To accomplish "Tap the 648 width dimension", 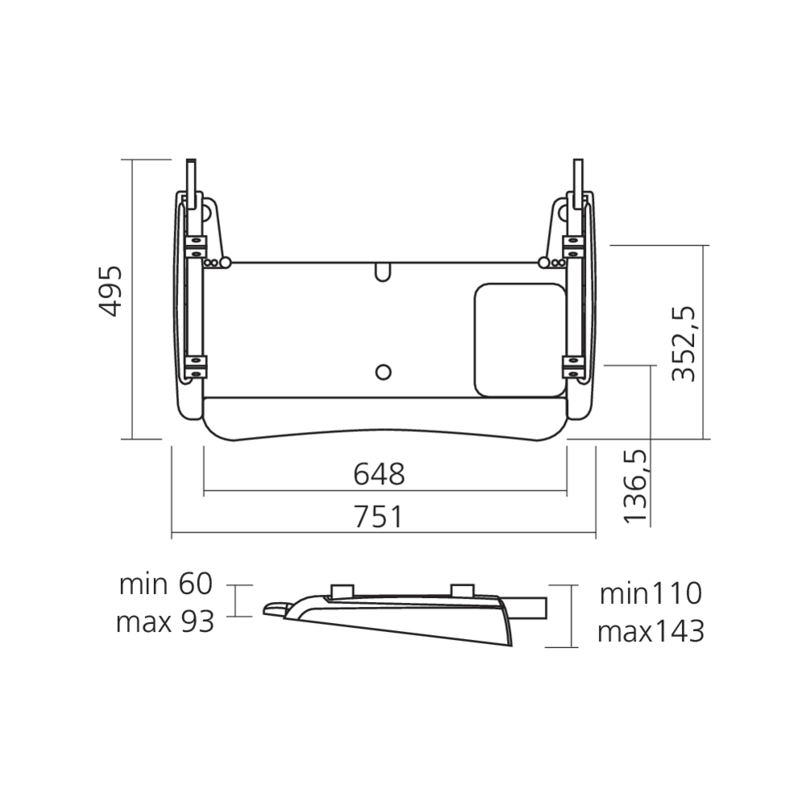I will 379,475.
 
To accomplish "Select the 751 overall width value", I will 379,517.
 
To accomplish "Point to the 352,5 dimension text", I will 684,343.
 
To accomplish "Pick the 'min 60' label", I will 165,584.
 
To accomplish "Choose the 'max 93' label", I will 165,621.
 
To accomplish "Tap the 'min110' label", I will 650,594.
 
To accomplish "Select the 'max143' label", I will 650,632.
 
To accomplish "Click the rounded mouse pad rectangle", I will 520,339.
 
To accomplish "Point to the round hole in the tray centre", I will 384,372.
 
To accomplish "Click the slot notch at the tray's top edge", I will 383,272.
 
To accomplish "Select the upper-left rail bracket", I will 194,245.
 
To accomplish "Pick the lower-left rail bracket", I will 194,366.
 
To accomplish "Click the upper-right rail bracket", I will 573,245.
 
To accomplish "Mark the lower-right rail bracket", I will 573,366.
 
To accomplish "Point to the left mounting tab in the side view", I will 342,590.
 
